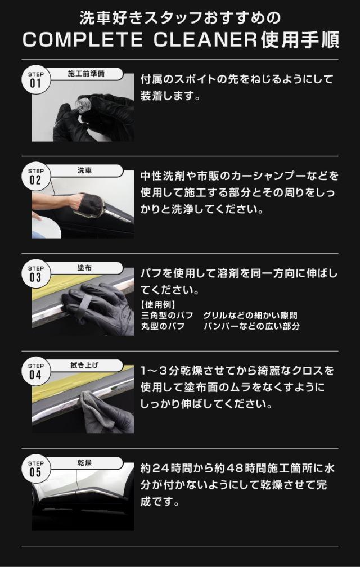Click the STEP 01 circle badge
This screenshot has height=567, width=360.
[x=35, y=79]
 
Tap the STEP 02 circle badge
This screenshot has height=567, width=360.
[x=35, y=176]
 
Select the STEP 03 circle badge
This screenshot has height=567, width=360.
[x=35, y=274]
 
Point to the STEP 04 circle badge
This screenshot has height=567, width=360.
[x=35, y=371]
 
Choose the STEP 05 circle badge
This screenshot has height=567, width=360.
[x=35, y=469]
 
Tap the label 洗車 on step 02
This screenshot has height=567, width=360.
[x=85, y=170]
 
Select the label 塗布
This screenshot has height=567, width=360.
[x=85, y=268]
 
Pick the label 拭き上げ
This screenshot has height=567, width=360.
[x=84, y=366]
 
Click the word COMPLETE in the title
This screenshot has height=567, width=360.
[x=83, y=40]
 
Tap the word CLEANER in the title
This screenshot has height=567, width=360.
[x=205, y=40]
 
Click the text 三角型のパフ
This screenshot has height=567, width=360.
[x=166, y=316]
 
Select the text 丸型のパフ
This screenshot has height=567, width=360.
[x=163, y=326]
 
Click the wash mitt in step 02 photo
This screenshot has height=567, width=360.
[x=91, y=205]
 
